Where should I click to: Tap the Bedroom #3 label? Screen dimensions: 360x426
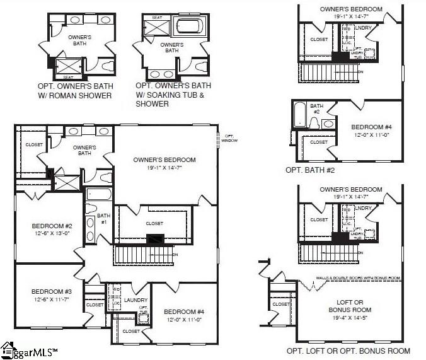(51, 291)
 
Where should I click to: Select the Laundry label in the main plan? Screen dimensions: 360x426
(135, 300)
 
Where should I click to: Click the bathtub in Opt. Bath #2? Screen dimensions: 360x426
(300, 116)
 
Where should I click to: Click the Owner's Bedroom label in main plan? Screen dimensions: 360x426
(164, 160)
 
